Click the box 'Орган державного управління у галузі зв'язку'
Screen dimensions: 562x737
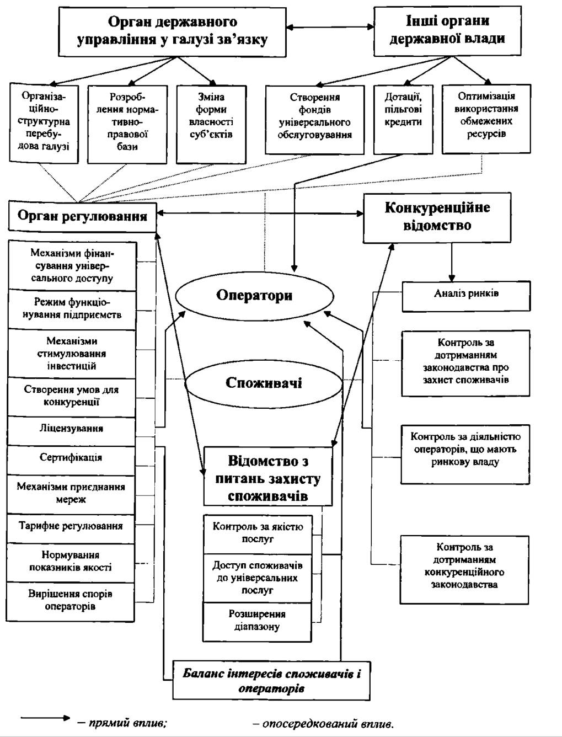(172, 31)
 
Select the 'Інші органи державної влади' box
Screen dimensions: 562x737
(448, 31)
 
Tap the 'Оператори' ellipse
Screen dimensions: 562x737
(255, 296)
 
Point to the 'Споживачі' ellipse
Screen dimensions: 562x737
(264, 383)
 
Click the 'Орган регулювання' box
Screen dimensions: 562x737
(82, 216)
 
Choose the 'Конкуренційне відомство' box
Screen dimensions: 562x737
(437, 217)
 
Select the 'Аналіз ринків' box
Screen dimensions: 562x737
(467, 296)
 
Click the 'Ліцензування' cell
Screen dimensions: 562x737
(71, 431)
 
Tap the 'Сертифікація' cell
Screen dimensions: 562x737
(71, 460)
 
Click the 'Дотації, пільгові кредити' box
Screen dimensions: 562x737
(403, 119)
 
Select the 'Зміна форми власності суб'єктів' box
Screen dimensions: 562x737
(211, 124)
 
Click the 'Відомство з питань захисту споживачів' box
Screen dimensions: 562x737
(268, 476)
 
